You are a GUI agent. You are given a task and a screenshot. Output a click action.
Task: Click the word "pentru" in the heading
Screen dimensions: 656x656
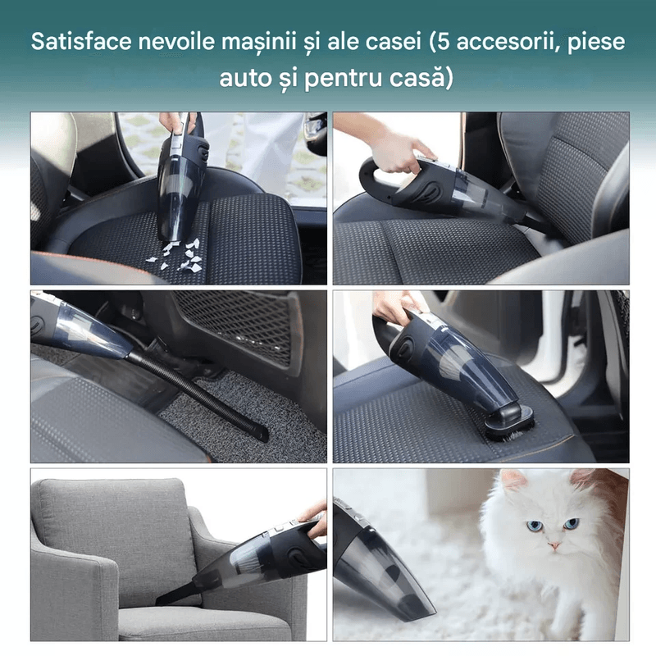point(348,79)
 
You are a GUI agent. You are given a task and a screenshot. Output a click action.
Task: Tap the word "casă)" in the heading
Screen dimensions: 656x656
point(417,79)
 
